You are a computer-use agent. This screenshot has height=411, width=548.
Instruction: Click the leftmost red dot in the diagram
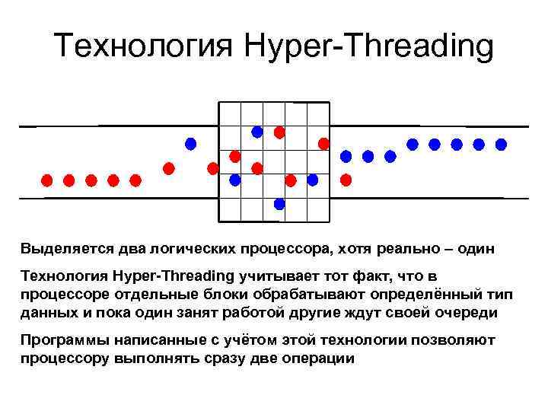[46, 180]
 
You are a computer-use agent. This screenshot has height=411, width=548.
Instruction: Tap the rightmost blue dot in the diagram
[501, 143]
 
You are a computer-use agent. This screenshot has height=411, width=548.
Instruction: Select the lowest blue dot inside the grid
[279, 203]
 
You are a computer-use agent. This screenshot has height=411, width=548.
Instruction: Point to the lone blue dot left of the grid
[190, 143]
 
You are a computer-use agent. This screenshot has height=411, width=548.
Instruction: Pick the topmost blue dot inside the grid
[257, 132]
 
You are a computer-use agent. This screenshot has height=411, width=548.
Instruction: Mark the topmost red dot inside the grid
[279, 132]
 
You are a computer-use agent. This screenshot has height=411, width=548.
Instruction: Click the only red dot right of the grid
[346, 180]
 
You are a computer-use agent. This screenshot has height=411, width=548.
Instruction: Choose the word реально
[395, 248]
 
